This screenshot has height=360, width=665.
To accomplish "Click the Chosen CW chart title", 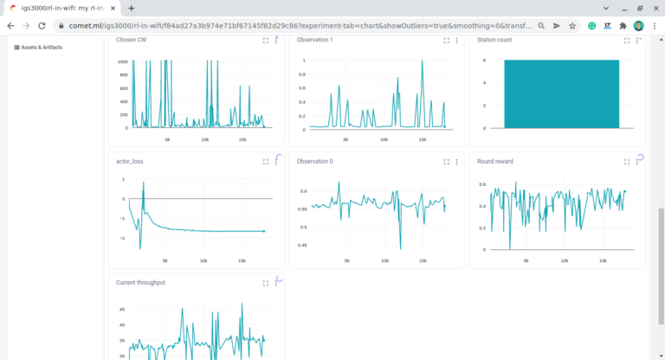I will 132,40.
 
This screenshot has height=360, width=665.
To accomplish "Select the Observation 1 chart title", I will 315,40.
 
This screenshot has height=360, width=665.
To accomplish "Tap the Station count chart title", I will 495,40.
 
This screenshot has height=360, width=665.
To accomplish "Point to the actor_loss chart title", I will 130,161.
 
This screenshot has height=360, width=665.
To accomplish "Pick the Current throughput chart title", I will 141,282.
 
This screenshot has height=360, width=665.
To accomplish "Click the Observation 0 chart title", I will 315,161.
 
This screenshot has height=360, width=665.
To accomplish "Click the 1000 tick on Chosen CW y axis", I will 123,62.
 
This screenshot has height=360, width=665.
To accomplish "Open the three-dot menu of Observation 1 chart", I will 456,40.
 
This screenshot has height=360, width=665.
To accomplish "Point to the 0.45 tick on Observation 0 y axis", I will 302,245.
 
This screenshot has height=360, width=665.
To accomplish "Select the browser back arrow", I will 10,26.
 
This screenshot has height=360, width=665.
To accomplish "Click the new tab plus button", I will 131,8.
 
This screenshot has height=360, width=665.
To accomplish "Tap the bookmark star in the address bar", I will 572,26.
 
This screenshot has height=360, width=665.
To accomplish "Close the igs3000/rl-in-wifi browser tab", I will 113,8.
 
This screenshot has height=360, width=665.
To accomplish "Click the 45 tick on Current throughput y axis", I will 123,309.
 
